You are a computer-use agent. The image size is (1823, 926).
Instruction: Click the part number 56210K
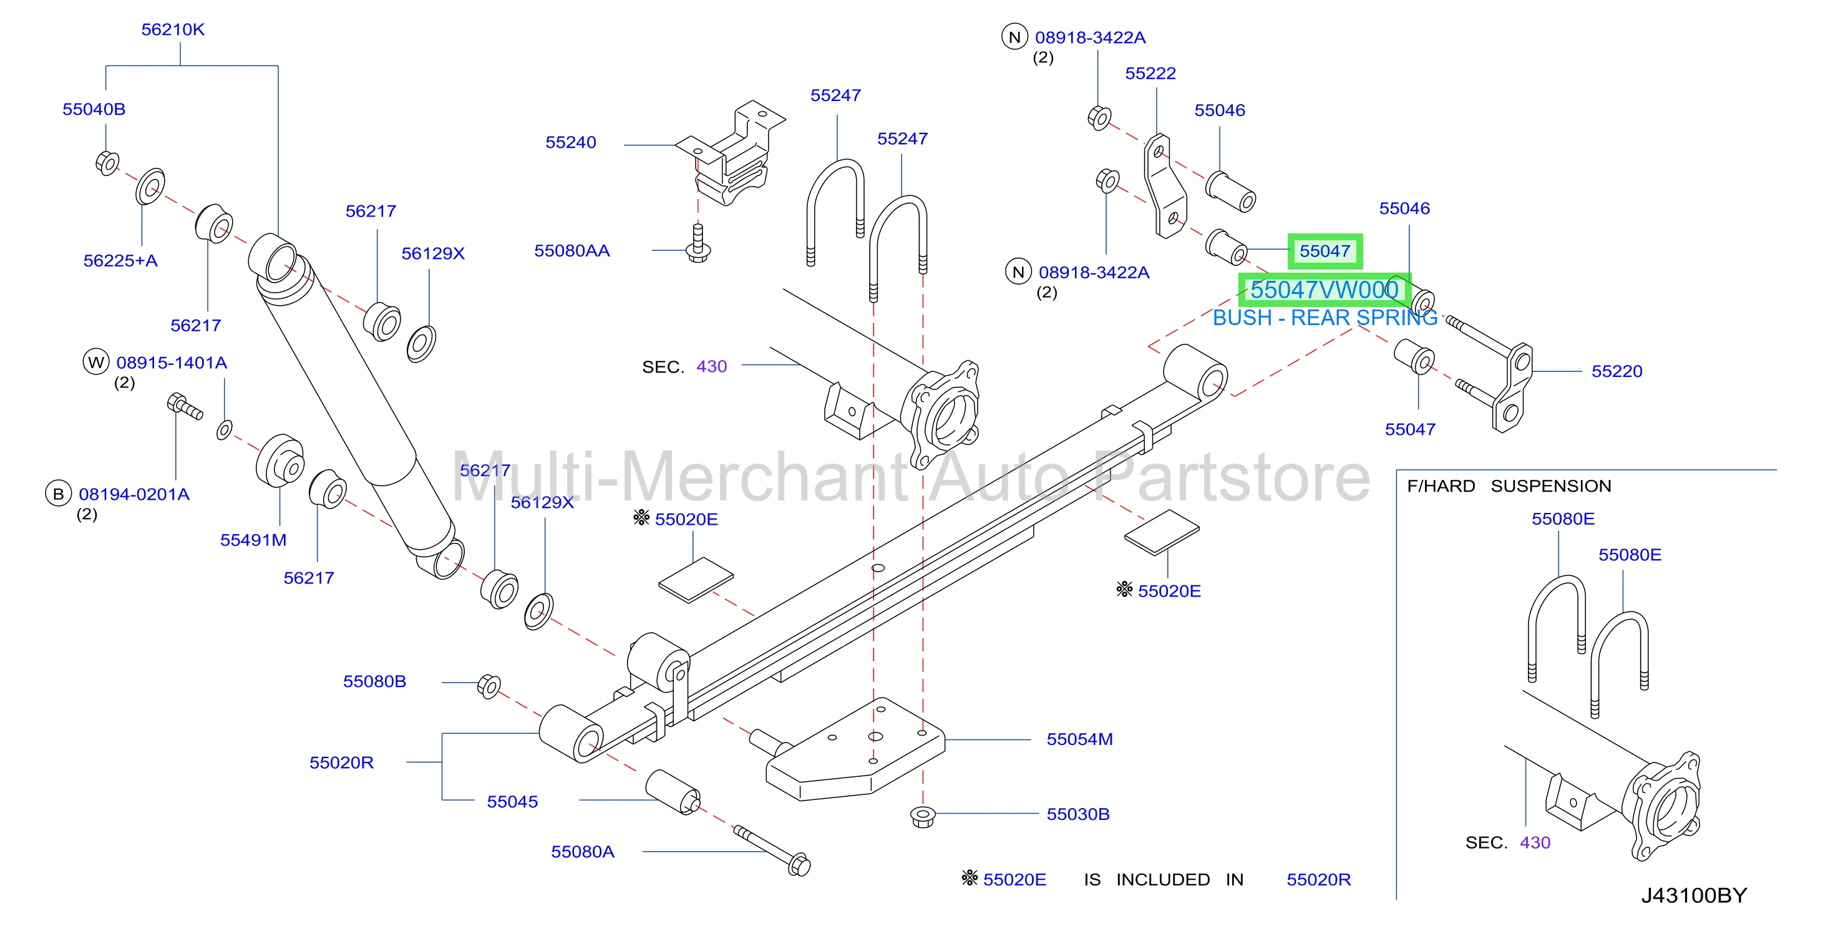[x=173, y=30]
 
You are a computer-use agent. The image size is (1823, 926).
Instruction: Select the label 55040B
[x=94, y=109]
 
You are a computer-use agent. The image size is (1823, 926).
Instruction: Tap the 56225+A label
[x=120, y=261]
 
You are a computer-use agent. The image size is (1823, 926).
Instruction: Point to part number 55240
[x=570, y=142]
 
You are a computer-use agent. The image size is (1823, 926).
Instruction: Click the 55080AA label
[x=572, y=251]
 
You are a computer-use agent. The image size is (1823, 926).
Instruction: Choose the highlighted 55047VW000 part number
[x=1324, y=290]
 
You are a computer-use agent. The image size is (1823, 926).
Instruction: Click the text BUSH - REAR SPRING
[x=1325, y=318]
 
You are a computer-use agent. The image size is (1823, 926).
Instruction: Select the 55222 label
[x=1150, y=73]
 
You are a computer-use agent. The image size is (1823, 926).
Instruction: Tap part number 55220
[x=1617, y=371]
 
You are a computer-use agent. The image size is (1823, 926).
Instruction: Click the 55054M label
[x=1080, y=739]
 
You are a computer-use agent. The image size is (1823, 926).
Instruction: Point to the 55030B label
[x=1078, y=814]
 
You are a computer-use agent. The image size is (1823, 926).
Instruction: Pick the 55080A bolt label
[x=583, y=852]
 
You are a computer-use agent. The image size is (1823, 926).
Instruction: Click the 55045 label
[x=512, y=801]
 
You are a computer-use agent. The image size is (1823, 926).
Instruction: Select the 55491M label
[x=253, y=540]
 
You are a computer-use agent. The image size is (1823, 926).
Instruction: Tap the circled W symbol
[x=96, y=362]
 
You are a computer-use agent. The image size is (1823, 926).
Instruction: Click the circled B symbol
[x=58, y=494]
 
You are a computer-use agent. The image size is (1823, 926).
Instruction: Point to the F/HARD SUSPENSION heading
[x=1509, y=485]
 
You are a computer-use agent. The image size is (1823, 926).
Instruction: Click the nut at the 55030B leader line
[x=922, y=816]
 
